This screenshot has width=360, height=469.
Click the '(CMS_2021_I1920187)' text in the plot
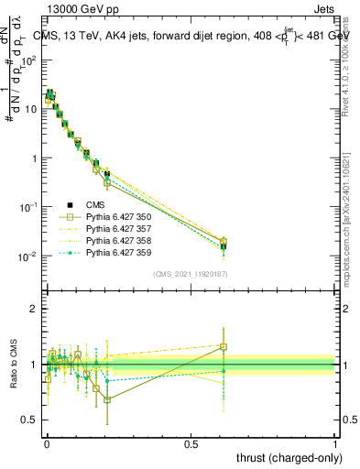(x=191, y=274)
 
